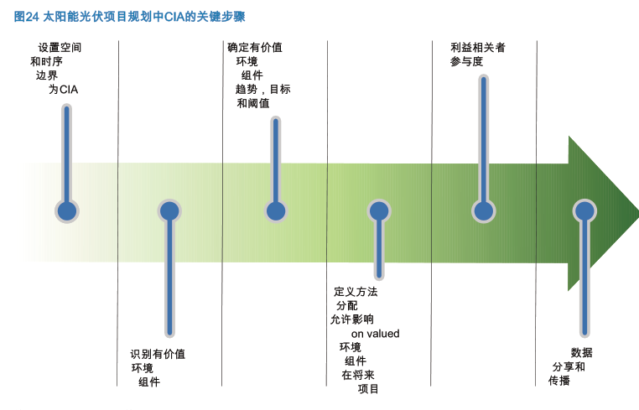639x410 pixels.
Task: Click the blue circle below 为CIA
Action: [x=67, y=210]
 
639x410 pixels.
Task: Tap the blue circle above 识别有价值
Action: [x=169, y=210]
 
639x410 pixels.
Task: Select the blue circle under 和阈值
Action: [x=274, y=210]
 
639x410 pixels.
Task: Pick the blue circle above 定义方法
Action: [x=379, y=210]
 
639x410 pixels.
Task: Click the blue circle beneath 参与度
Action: [x=482, y=210]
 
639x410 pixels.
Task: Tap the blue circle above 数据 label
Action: [x=584, y=210]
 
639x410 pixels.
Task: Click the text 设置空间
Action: [x=60, y=48]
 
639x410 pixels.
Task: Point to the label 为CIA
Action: [x=63, y=89]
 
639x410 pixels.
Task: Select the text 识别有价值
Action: [x=158, y=355]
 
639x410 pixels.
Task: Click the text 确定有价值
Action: [x=255, y=48]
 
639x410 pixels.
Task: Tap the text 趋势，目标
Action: [x=262, y=89]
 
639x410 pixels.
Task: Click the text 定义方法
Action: [x=356, y=292]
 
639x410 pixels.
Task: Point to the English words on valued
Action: [x=375, y=334]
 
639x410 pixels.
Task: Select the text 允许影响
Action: [x=352, y=319]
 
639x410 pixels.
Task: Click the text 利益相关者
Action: [x=478, y=48]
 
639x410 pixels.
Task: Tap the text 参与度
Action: [x=466, y=62]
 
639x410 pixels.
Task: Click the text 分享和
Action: [x=569, y=367]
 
